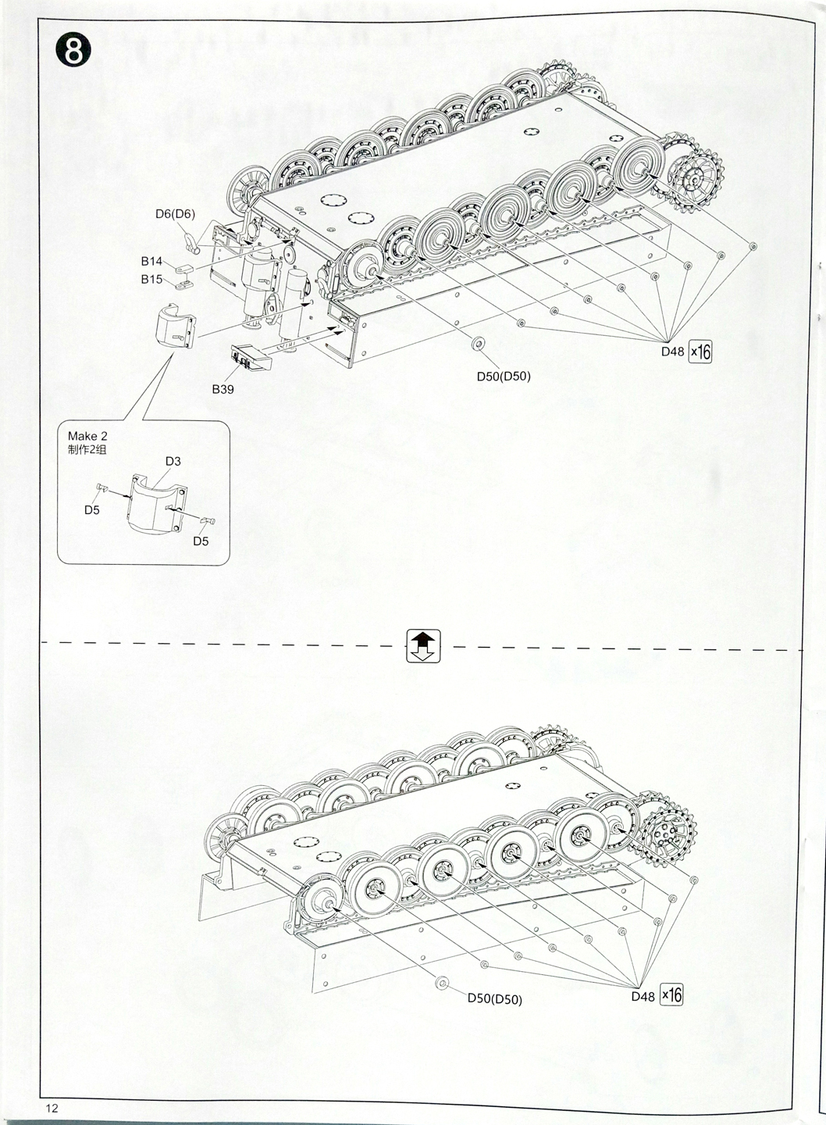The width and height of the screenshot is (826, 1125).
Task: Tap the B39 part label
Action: [223, 389]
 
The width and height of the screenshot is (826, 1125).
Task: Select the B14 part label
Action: [151, 262]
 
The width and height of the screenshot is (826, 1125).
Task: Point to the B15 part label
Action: [151, 279]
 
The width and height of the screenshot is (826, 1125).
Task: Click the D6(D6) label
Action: [175, 214]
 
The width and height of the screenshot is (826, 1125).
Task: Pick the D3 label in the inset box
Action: [173, 461]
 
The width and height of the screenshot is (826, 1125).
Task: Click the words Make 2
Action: [87, 436]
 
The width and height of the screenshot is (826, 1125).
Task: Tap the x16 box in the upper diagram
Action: [700, 352]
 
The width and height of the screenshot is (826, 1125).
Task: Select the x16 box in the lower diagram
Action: [671, 995]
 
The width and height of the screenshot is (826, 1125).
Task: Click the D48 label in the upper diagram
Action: [672, 352]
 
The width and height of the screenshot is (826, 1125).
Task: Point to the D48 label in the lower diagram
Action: [643, 996]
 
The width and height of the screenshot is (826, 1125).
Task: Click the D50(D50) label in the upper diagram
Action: [504, 377]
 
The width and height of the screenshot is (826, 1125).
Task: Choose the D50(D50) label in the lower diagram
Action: [495, 999]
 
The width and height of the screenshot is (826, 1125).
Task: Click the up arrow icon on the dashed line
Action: [423, 646]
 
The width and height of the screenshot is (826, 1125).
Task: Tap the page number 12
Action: [52, 1108]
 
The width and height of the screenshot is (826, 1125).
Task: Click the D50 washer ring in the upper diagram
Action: [478, 345]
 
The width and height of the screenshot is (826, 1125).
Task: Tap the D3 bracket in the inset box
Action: [156, 504]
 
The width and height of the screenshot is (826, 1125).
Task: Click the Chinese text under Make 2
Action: [87, 449]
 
